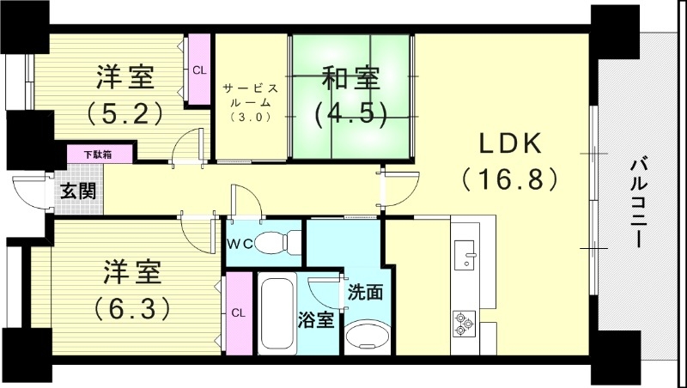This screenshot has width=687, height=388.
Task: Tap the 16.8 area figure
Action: tap(510, 180)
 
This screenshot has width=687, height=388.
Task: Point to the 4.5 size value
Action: tap(350, 113)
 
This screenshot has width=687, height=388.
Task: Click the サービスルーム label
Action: tap(249, 95)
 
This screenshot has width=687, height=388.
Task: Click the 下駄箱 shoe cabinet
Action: tap(101, 155)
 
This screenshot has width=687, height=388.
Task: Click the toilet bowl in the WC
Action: tap(276, 241)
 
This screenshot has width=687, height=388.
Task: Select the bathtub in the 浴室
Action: tap(276, 313)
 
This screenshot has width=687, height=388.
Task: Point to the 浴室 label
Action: tap(316, 321)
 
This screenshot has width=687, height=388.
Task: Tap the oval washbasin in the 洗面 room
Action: tap(367, 336)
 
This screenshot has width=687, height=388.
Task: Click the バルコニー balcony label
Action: tap(639, 201)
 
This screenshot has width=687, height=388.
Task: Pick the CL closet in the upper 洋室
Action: tap(199, 70)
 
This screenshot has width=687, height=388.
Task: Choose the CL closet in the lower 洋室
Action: tap(238, 312)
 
